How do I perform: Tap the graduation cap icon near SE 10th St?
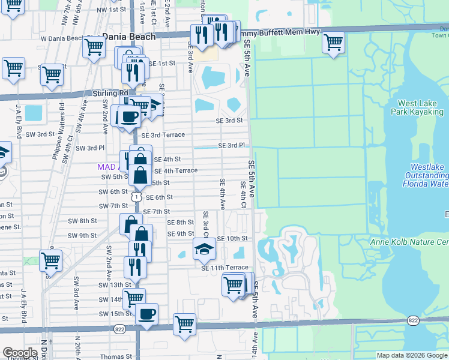[x=204, y=248]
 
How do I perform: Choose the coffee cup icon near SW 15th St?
[x=146, y=314]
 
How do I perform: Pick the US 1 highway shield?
[x=137, y=197]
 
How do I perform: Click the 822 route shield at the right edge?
[x=413, y=321]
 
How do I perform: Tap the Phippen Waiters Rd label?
[x=62, y=122]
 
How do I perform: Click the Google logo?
[x=20, y=353]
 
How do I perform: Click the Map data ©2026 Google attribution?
[x=412, y=355]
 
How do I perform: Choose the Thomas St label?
[x=115, y=356]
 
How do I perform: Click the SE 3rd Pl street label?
[x=232, y=146]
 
